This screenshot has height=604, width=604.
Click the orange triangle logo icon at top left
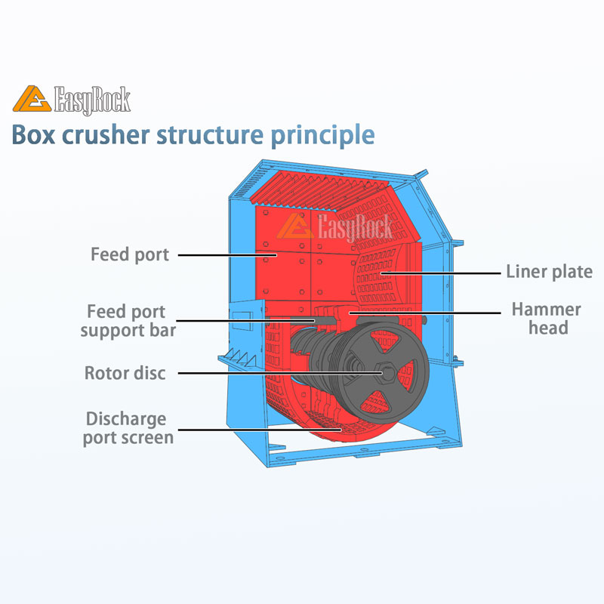tap(31, 99)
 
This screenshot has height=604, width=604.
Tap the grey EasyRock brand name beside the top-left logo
tap(92, 100)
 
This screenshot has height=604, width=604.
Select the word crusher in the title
tap(103, 136)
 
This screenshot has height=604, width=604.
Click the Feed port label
tap(130, 254)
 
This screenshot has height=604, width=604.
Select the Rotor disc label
tap(125, 373)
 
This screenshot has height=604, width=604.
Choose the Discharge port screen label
tap(128, 428)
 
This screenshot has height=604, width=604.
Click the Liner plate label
tap(549, 272)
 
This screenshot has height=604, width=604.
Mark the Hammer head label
tap(546, 318)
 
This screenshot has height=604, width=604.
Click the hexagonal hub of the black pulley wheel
tap(385, 372)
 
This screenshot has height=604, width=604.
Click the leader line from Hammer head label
tap(423, 310)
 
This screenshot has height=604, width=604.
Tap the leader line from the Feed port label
tap(226, 255)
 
